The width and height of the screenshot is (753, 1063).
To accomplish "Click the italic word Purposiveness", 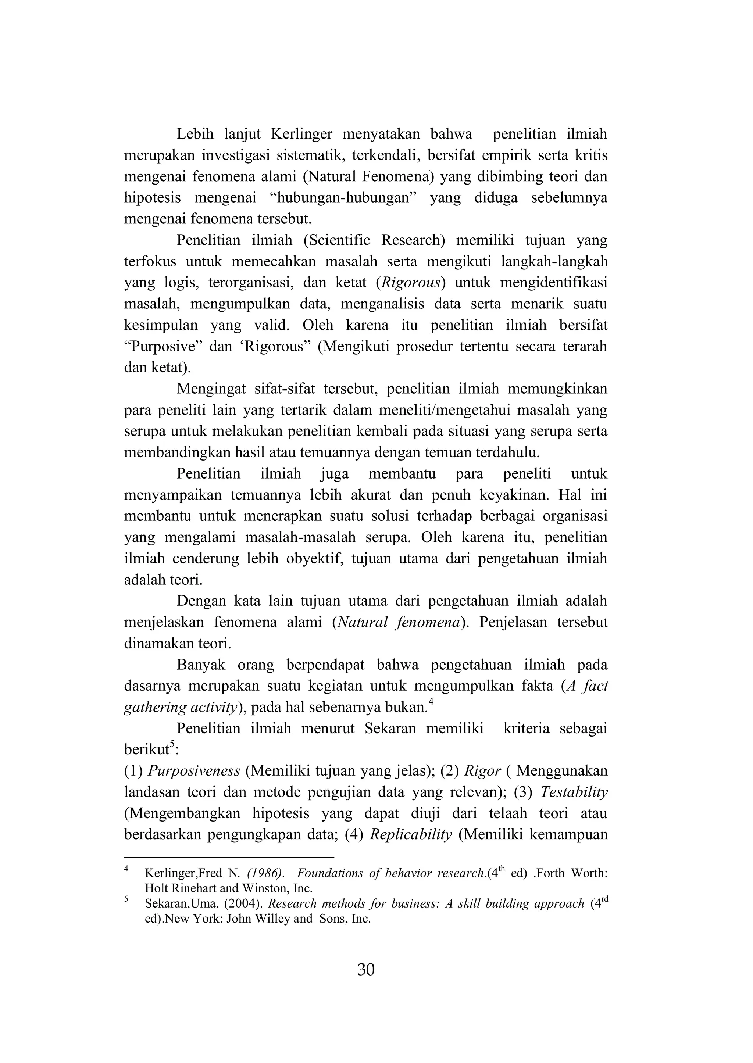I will (x=194, y=771).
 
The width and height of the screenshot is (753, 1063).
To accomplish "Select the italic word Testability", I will (x=574, y=792).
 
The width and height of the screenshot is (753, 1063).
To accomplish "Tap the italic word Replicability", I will (x=411, y=834).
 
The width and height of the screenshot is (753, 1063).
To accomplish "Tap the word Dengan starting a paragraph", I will (x=200, y=601).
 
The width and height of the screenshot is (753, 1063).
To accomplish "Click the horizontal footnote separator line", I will (x=229, y=857).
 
